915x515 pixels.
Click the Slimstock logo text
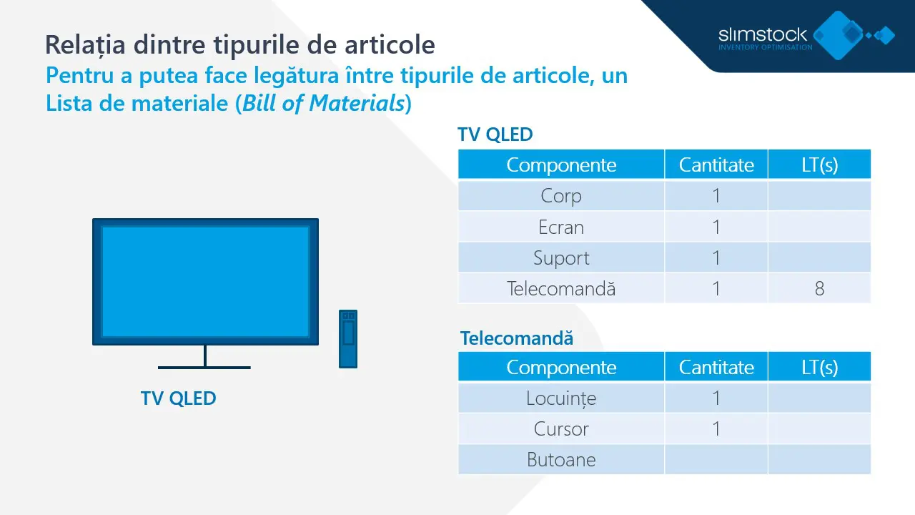762,34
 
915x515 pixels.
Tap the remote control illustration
347,338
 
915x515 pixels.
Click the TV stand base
204,367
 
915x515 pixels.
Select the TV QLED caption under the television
178,398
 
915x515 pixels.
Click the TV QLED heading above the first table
495,134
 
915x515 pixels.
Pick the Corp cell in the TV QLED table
561,196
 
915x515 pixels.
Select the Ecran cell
561,227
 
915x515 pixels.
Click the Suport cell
561,258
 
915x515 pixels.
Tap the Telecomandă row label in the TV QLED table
561,289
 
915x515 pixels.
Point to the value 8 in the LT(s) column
819,289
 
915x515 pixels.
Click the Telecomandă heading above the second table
516,338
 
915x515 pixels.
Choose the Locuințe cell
561,398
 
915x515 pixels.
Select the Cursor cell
561,429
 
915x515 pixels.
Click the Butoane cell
561,460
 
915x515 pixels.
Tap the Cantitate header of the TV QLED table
716,165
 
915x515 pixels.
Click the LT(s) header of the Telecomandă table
819,368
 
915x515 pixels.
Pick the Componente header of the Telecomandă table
561,368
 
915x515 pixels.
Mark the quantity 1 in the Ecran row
716,227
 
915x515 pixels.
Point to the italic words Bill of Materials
324,104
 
